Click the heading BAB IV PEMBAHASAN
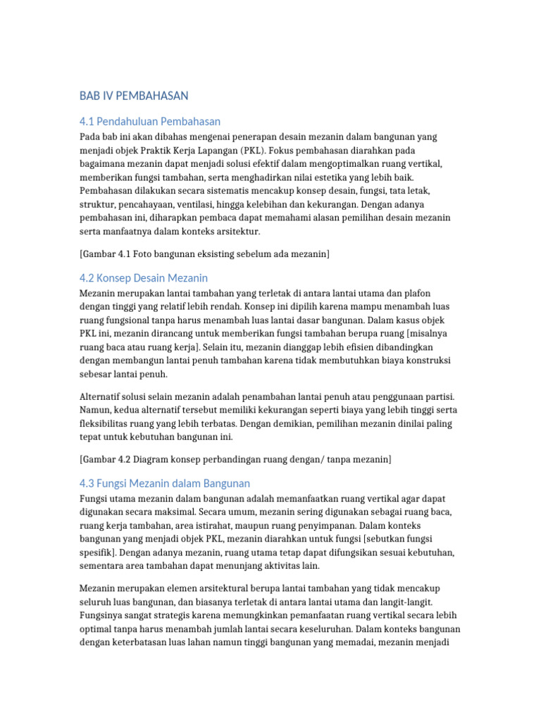tap(134, 96)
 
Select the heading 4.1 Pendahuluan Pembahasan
tap(150, 120)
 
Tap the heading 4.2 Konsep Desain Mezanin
tap(144, 278)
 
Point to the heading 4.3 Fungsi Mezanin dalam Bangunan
tap(165, 483)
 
